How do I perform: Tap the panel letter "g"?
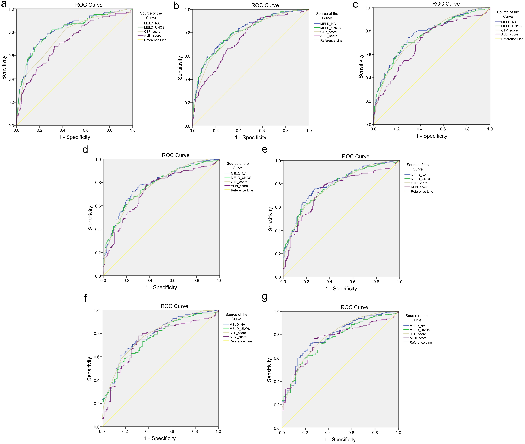coord(264,297)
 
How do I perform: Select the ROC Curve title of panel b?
coord(265,5)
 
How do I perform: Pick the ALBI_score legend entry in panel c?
coord(509,34)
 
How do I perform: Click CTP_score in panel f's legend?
coord(237,333)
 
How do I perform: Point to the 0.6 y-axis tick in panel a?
coord(11,56)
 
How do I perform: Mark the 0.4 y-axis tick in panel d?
coord(98,229)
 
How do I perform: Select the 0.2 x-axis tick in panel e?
coord(306,282)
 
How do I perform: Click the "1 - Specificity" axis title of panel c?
coord(432,136)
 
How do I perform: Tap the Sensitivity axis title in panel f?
coord(89,368)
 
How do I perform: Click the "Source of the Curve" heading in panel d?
coord(237,166)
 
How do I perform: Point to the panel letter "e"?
coord(264,150)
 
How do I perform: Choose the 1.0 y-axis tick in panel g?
coord(277,312)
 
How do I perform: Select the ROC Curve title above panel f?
coord(174,306)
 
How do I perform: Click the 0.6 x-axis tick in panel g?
coord(351,433)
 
